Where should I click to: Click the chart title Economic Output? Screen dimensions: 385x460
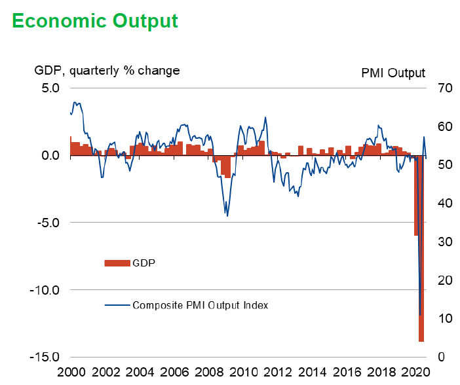[95, 20]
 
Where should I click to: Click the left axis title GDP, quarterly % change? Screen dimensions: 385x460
[107, 70]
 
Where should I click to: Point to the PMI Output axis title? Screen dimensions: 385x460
[393, 73]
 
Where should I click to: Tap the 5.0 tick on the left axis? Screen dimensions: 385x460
[50, 88]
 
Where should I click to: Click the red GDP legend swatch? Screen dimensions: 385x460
[117, 263]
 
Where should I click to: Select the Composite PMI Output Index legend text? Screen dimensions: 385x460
[200, 305]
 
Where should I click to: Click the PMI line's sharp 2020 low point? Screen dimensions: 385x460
[420, 315]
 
